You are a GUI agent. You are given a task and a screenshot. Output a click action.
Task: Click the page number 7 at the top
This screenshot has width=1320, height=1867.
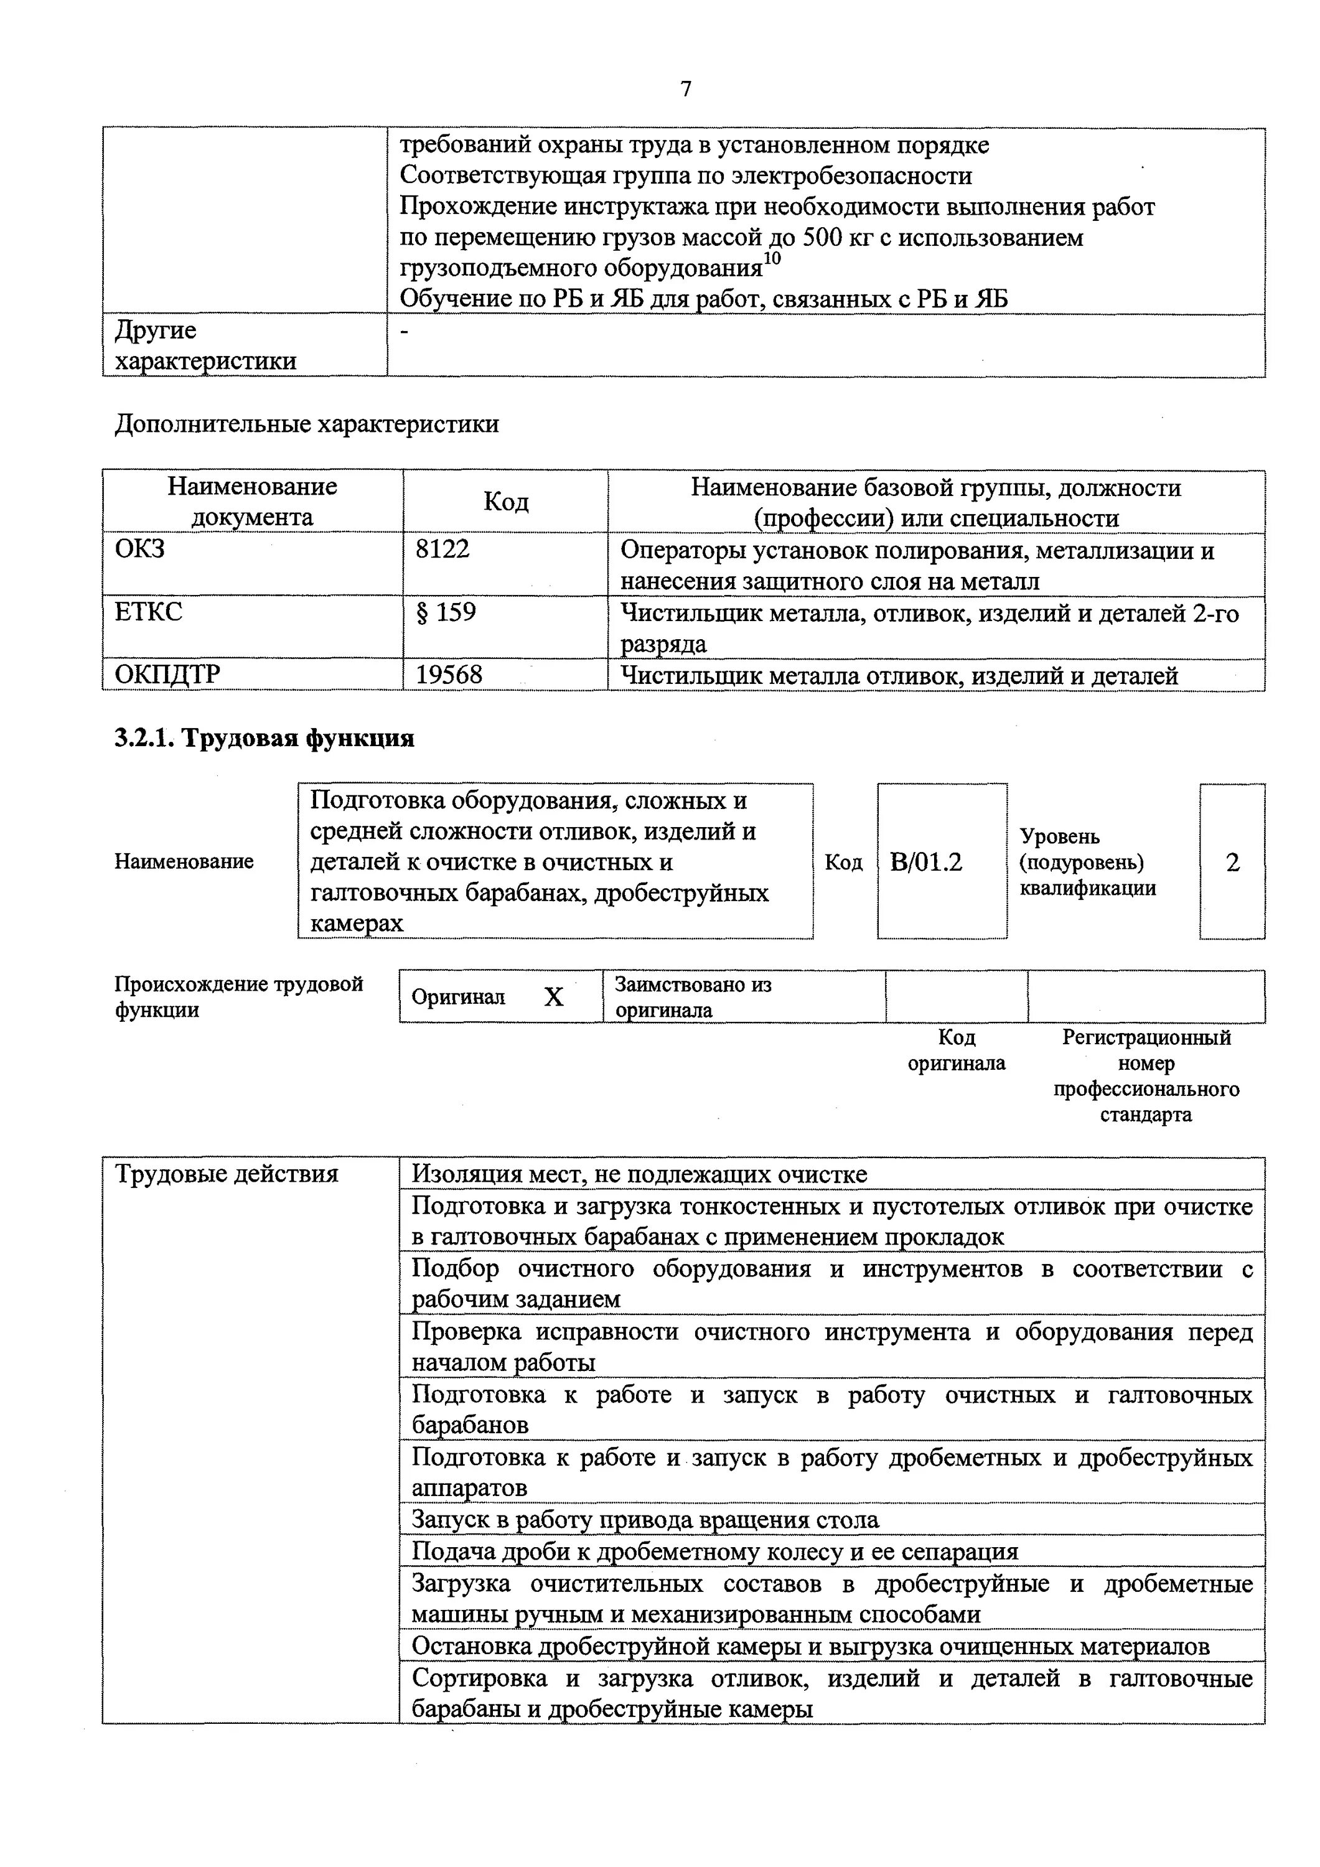click(686, 88)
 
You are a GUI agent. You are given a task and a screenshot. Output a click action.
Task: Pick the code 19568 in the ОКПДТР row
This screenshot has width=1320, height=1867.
click(449, 675)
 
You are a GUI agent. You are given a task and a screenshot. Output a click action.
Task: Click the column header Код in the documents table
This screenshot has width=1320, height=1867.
click(506, 502)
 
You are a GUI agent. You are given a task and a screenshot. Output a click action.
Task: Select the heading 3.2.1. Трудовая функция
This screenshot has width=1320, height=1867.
click(264, 737)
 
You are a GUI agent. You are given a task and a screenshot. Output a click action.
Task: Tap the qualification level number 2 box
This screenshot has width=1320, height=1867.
click(1232, 862)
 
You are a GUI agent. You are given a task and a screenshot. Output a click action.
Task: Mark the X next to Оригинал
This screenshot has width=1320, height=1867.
click(554, 997)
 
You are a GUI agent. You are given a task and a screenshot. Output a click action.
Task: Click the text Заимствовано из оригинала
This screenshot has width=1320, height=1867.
click(693, 997)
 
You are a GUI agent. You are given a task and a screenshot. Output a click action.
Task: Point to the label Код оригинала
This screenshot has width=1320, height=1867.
click(957, 1050)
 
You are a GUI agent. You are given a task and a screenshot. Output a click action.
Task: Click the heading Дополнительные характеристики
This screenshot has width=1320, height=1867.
click(307, 424)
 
